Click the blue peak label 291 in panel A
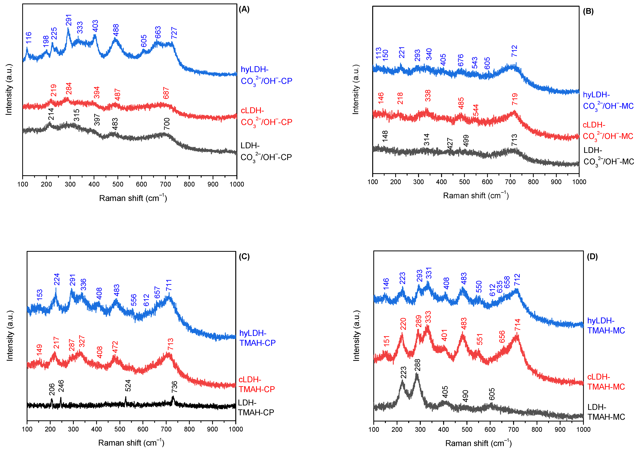click(69, 20)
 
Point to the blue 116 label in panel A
click(29, 38)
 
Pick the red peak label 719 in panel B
click(515, 99)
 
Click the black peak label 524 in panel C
click(128, 385)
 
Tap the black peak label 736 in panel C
click(174, 387)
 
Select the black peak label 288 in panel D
click(417, 365)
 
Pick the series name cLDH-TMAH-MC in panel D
click(606, 382)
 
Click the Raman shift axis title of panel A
click(133, 198)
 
